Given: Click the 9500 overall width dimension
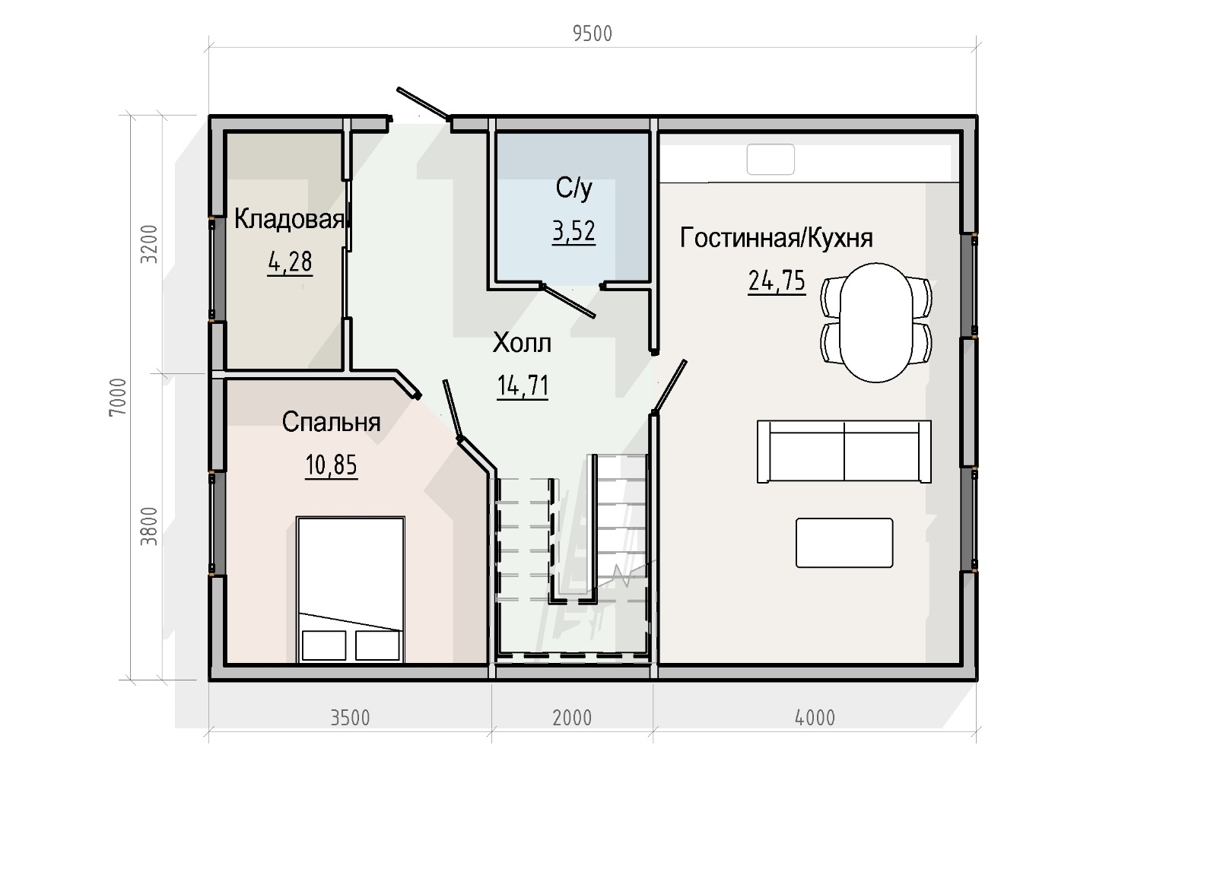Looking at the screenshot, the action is tap(593, 34).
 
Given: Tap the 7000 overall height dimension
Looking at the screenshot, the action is tap(118, 397).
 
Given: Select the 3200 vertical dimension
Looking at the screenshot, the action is tap(149, 244).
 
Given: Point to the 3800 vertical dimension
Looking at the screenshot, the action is tap(149, 526).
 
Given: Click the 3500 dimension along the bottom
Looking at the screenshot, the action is tap(351, 718).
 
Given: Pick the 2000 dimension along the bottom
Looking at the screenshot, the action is tap(572, 718).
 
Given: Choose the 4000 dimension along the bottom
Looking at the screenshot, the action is tap(815, 718).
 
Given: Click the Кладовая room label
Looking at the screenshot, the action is tap(289, 220).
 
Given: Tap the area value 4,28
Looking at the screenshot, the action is tap(290, 262).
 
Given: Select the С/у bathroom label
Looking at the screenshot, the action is tap(574, 189).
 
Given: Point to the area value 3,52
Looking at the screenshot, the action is tap(574, 231).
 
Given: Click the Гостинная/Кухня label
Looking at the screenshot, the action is tap(777, 239).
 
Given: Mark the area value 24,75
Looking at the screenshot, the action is tap(777, 281).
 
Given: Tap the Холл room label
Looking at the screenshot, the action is tap(522, 343).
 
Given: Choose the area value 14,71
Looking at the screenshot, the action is tap(523, 386).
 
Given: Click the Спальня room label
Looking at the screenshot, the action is tap(331, 423).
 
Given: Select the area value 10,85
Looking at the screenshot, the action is tap(332, 465).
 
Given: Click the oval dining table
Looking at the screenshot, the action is tap(875, 322).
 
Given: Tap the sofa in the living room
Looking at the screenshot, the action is tap(844, 452).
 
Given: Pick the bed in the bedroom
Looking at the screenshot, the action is tap(351, 590).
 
